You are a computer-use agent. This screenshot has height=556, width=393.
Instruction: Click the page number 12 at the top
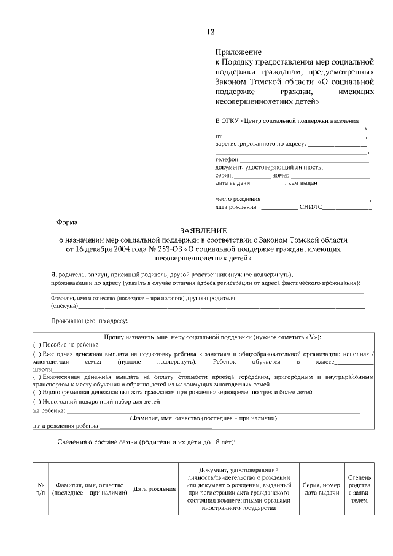pos(211,32)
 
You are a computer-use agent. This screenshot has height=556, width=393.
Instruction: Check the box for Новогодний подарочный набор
pos(36,401)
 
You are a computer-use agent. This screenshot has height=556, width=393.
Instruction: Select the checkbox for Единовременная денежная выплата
pos(36,391)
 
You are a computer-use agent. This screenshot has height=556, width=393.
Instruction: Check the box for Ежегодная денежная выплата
pos(36,354)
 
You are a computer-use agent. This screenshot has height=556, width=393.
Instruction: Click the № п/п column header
pos(40,488)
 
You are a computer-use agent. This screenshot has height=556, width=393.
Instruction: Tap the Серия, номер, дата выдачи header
pos(322,488)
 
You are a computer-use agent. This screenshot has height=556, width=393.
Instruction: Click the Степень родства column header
pos(359,488)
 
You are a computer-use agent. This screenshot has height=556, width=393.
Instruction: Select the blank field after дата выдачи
pos(268,184)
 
